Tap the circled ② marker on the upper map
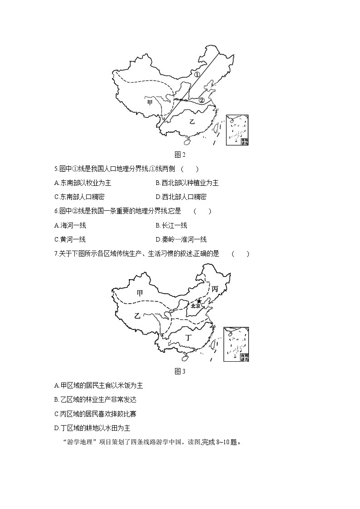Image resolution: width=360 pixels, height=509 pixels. pyautogui.click(x=202, y=100)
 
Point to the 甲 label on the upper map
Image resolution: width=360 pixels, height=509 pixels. pyautogui.click(x=150, y=102)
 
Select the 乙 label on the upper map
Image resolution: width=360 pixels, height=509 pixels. pyautogui.click(x=192, y=121)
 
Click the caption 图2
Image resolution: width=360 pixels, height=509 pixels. pyautogui.click(x=180, y=155)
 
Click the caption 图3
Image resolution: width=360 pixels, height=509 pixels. pyautogui.click(x=180, y=372)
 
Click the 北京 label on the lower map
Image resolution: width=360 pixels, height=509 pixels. pyautogui.click(x=196, y=306)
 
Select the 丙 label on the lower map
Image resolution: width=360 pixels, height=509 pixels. pyautogui.click(x=215, y=288)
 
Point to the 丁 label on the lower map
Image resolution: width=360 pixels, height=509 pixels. pyautogui.click(x=190, y=337)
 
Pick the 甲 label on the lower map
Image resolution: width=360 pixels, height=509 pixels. pyautogui.click(x=140, y=293)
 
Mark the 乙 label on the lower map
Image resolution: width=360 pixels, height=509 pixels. pyautogui.click(x=137, y=316)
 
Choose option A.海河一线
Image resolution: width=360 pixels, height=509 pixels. pyautogui.click(x=70, y=225)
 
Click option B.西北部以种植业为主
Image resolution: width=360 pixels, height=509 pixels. pyautogui.click(x=187, y=183)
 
